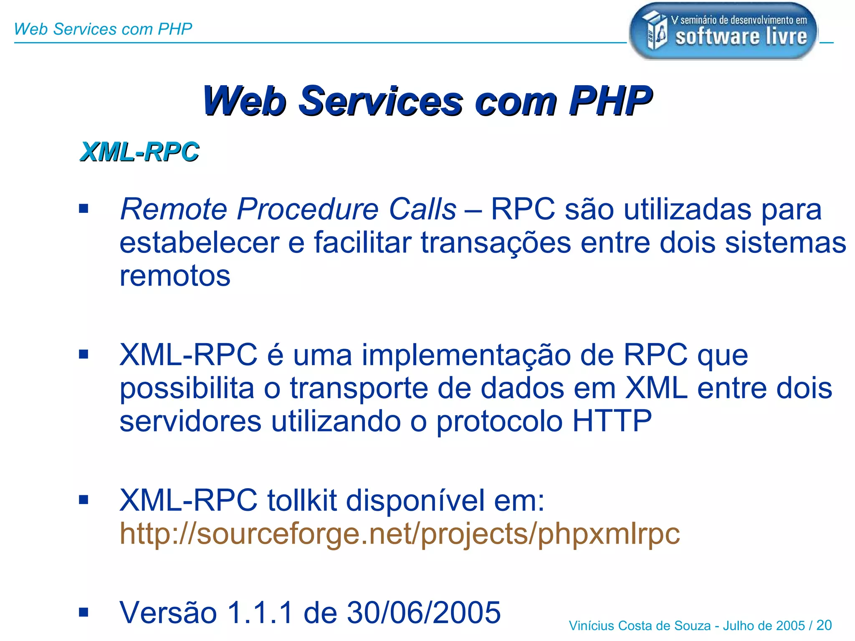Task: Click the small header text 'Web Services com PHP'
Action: tap(103, 29)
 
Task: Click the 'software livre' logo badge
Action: tap(723, 31)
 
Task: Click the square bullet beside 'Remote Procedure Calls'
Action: tap(84, 208)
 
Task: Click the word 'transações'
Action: tap(496, 242)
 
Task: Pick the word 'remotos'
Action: tap(175, 276)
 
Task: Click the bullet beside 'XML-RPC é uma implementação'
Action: tap(84, 354)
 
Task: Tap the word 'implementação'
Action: tap(466, 355)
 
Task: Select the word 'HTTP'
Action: tap(612, 421)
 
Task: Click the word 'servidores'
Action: tap(190, 421)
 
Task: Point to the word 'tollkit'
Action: tap(302, 500)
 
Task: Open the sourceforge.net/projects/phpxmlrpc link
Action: tap(400, 534)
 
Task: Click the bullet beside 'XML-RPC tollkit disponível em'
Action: tap(84, 500)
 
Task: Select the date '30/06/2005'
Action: tap(424, 613)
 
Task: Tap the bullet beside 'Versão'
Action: tap(84, 612)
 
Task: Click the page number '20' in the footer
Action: tap(824, 625)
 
